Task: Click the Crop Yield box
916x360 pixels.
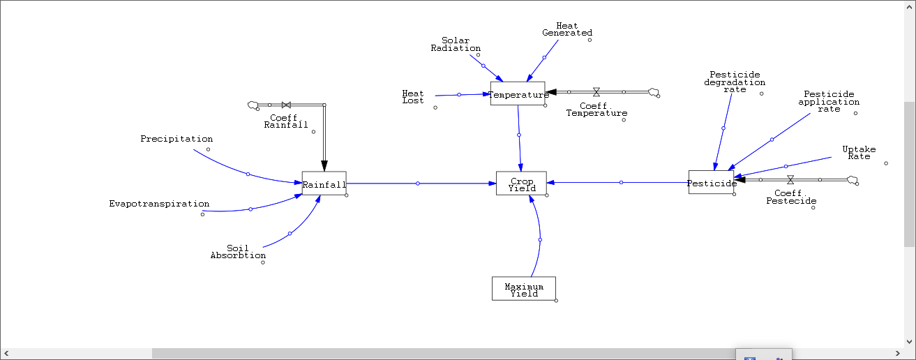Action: click(521, 183)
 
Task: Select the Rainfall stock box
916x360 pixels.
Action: click(324, 183)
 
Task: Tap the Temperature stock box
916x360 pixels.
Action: click(517, 93)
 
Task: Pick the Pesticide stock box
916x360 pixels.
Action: click(711, 182)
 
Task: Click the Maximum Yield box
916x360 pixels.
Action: click(523, 288)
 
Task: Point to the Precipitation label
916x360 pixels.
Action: click(177, 139)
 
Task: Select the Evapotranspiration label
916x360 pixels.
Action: click(159, 204)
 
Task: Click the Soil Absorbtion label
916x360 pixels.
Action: click(238, 252)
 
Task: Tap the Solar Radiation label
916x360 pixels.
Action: click(456, 44)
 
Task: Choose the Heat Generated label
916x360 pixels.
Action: click(567, 29)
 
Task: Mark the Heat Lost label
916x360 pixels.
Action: click(413, 96)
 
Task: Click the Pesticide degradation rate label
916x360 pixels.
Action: click(735, 82)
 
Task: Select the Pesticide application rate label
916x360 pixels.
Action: click(829, 101)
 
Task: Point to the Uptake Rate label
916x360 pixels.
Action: click(859, 152)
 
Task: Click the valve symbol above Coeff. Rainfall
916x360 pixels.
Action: click(286, 105)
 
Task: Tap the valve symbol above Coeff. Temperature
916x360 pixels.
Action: click(596, 91)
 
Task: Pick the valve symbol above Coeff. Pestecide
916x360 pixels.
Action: click(790, 180)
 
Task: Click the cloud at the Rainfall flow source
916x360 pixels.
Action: click(253, 105)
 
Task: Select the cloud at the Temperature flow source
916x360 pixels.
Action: click(654, 91)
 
